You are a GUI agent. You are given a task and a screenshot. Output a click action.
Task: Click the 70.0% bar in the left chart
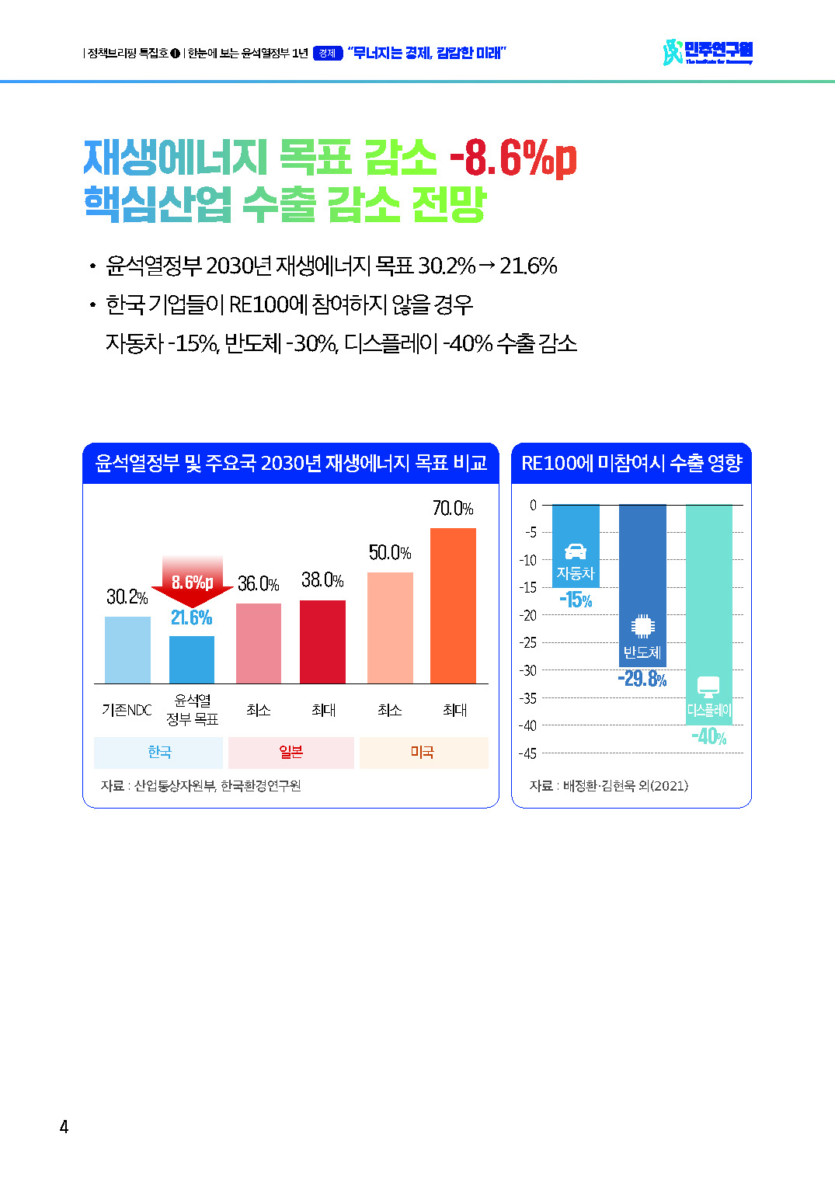click(x=453, y=606)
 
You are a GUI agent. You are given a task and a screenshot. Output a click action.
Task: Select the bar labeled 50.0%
click(x=390, y=628)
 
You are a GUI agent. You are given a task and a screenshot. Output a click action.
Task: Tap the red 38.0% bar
click(x=322, y=642)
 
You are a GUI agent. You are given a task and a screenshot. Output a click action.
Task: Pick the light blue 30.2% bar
click(x=127, y=650)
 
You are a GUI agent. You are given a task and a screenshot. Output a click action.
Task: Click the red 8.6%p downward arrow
click(x=192, y=582)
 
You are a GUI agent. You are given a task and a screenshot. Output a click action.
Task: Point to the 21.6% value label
click(x=191, y=617)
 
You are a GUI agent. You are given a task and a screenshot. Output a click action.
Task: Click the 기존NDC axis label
click(x=127, y=710)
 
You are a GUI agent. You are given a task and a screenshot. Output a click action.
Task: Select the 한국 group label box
click(x=158, y=753)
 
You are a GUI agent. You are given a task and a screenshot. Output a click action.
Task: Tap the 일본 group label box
click(x=291, y=753)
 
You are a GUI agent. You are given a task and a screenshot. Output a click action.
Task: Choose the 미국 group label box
click(x=423, y=753)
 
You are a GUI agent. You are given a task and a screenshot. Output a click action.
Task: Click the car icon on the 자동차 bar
click(x=576, y=551)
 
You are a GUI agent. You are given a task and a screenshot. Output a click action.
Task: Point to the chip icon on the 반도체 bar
click(x=642, y=625)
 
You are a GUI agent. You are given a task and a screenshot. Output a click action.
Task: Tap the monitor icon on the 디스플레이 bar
click(x=708, y=687)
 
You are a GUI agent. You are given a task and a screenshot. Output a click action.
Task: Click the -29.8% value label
click(x=642, y=679)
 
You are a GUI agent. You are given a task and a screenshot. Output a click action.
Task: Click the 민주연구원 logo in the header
click(x=708, y=52)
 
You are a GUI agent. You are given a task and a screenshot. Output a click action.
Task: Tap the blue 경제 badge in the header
click(x=327, y=54)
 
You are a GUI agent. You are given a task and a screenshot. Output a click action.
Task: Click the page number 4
click(x=64, y=1127)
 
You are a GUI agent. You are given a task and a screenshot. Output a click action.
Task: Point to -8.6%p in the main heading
click(x=513, y=158)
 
